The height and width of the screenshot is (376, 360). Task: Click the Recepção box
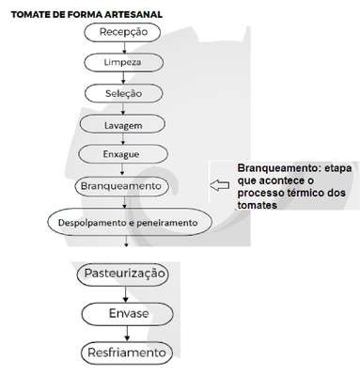[x=123, y=32]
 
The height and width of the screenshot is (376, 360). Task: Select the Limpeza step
[x=124, y=62]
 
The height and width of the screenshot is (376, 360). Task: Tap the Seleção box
[x=124, y=93]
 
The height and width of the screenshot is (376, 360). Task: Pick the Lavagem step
[x=122, y=124]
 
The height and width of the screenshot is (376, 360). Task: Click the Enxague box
[x=123, y=154]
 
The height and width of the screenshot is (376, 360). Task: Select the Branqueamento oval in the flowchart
[x=121, y=186]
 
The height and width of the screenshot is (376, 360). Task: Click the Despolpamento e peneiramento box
[x=130, y=222]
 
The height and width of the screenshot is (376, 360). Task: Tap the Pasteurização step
[x=123, y=274]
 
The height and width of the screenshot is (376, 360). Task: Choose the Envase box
[x=128, y=314]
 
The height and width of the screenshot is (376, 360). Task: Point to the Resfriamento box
[x=127, y=352]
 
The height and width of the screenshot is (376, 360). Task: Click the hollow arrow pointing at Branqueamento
[x=219, y=185]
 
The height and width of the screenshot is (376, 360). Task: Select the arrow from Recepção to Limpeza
[x=124, y=48]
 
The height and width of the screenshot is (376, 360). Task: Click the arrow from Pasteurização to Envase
[x=125, y=294]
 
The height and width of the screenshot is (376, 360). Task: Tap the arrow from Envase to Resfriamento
[x=127, y=334]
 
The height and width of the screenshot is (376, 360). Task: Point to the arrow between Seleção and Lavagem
[x=123, y=109]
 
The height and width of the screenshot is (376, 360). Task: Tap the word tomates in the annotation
[x=258, y=205]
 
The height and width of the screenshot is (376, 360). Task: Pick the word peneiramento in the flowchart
[x=167, y=223]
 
